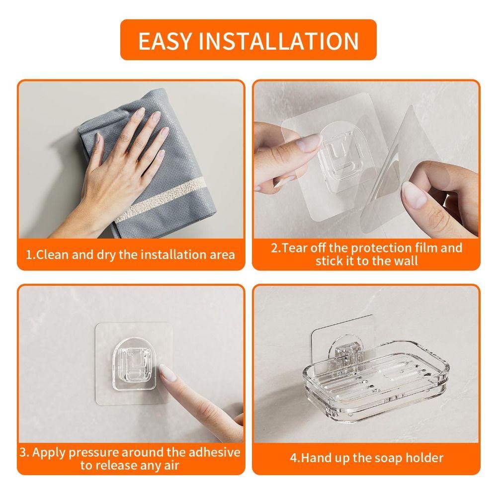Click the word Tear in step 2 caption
click(x=295, y=248)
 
